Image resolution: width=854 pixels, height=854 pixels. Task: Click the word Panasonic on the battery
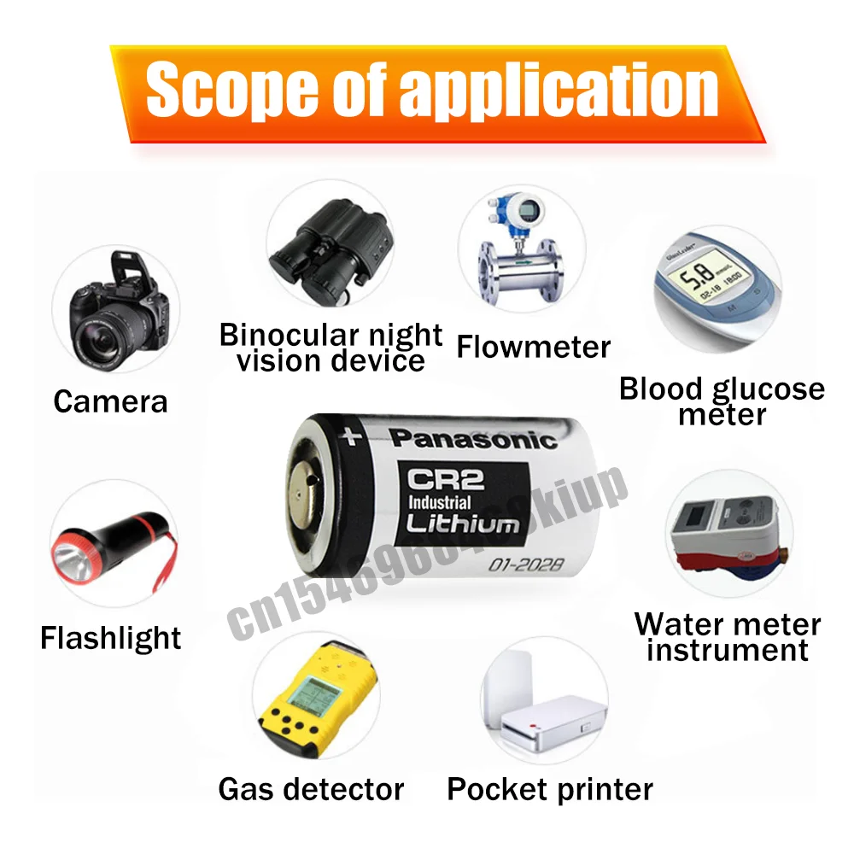pyautogui.click(x=472, y=440)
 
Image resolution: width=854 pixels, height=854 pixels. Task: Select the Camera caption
pyautogui.click(x=110, y=401)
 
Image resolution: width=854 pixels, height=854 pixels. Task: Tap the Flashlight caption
pyautogui.click(x=111, y=638)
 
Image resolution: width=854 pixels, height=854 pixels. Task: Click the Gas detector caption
pyautogui.click(x=311, y=788)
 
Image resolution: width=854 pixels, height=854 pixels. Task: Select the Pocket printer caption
pyautogui.click(x=550, y=788)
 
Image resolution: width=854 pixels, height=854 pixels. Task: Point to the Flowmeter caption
pyautogui.click(x=534, y=347)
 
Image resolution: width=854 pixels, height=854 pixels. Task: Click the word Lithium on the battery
pyautogui.click(x=462, y=523)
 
